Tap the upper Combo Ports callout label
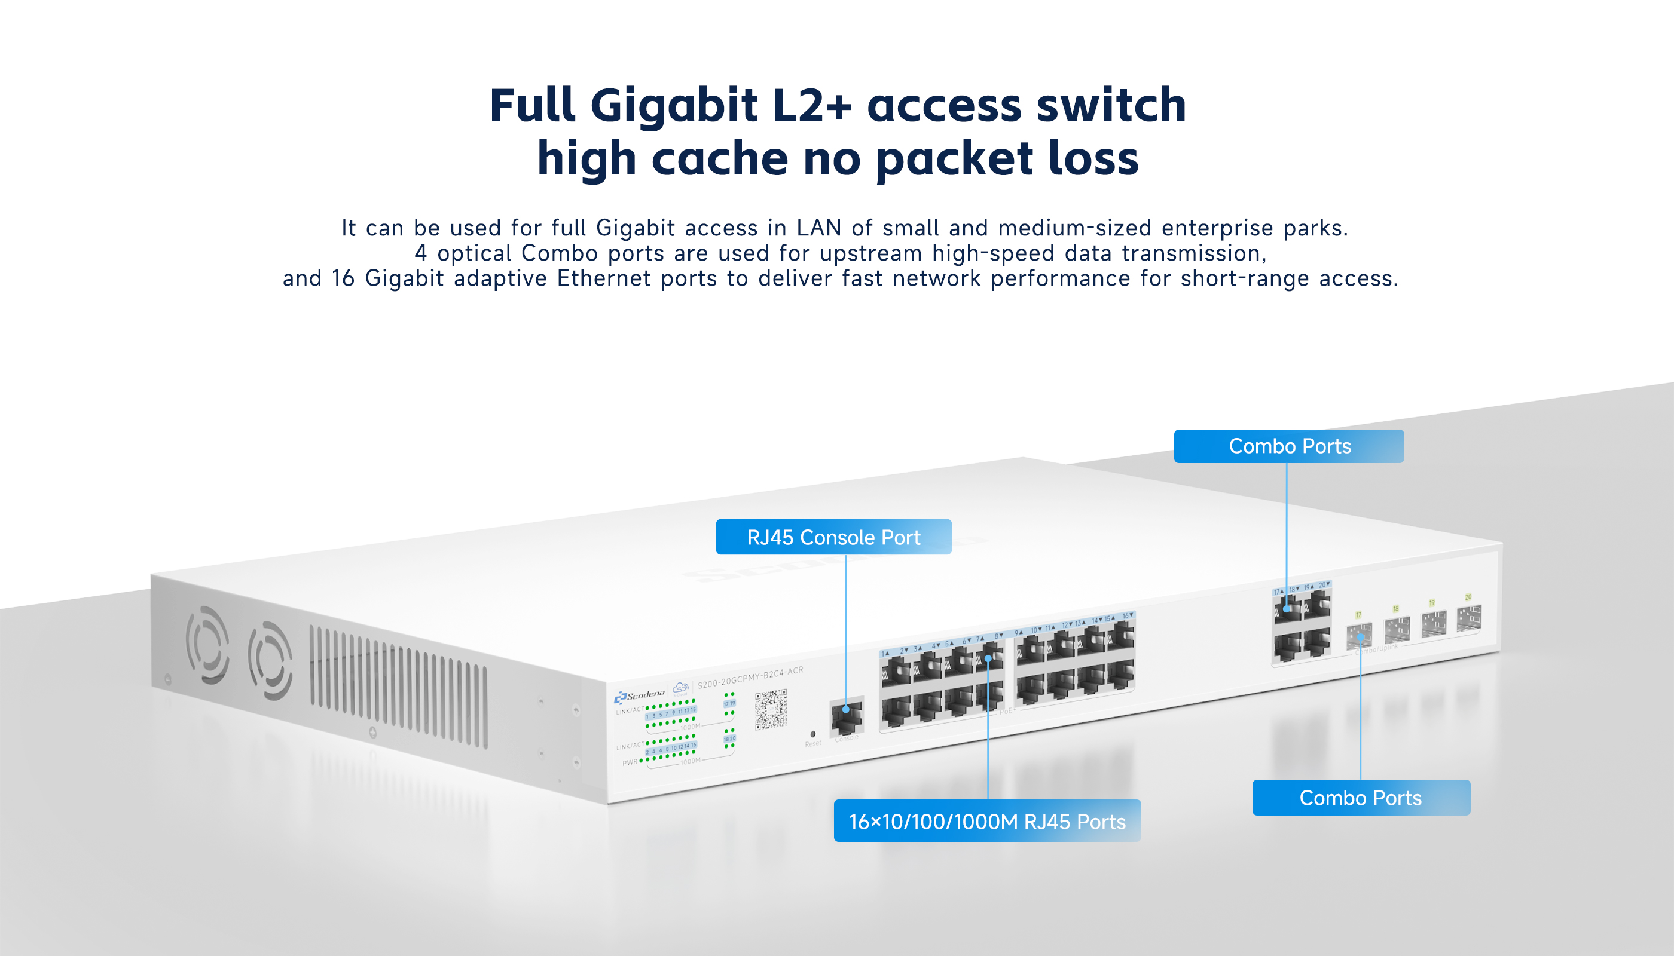pos(1289,446)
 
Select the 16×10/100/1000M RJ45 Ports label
pos(987,821)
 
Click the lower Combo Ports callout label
pos(1361,798)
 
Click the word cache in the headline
pos(719,159)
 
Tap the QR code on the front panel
pos(771,709)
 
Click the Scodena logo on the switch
pos(639,695)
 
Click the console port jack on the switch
pos(847,717)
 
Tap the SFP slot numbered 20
pos(1469,618)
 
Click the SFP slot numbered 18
pos(1397,630)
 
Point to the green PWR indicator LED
pos(642,761)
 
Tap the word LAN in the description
pos(818,228)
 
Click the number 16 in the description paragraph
pos(343,278)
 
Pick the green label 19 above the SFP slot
pos(1432,602)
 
